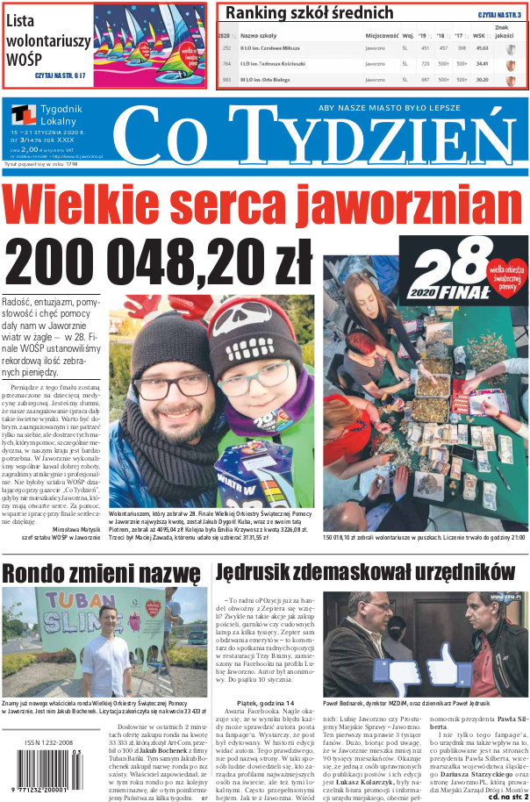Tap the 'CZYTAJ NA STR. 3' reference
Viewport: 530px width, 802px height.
point(498,16)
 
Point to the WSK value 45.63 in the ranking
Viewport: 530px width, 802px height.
point(482,48)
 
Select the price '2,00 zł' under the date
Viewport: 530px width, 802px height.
point(32,150)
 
